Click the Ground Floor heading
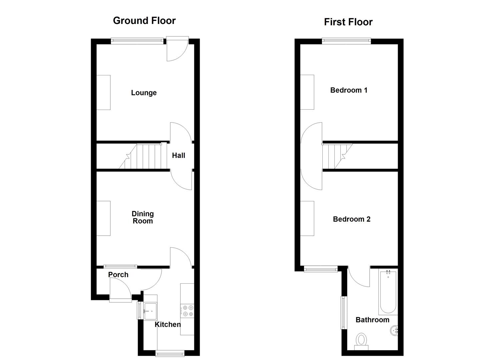pos(144,21)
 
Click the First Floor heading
pos(348,22)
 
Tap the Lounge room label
pos(144,93)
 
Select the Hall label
pos(178,155)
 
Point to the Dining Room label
pos(143,217)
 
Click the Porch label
pos(118,275)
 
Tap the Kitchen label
pos(168,324)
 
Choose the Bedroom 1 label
pos(349,90)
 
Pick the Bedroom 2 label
pos(352,219)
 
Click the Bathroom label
pos(372,320)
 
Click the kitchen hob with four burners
pos(187,311)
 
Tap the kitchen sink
pos(150,311)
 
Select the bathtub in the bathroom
pos(388,292)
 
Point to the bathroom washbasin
pos(394,331)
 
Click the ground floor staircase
pos(143,156)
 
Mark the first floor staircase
pos(337,156)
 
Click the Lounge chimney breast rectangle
pos(103,92)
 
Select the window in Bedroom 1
pos(346,41)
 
